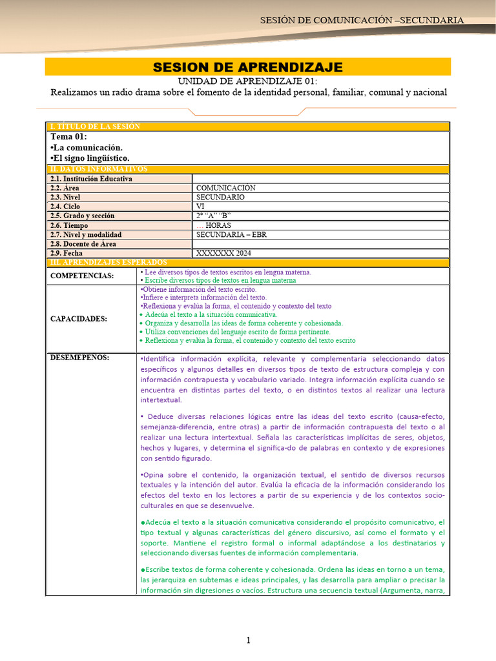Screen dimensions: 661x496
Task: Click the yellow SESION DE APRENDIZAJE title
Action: tap(247, 67)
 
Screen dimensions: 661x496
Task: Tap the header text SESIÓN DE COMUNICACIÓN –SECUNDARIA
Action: tap(362, 20)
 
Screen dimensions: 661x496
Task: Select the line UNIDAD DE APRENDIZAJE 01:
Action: tap(248, 81)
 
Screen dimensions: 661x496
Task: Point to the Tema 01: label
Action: tap(68, 137)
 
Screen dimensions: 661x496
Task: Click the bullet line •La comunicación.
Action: tap(86, 148)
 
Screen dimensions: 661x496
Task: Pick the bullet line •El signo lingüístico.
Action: tap(90, 158)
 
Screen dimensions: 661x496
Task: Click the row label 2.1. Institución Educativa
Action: tap(91, 179)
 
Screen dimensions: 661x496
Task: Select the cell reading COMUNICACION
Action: tap(226, 188)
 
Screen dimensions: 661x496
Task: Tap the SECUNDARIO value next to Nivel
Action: tap(220, 198)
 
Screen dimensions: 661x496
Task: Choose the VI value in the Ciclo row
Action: tap(200, 207)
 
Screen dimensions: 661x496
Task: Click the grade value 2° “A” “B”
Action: tap(213, 216)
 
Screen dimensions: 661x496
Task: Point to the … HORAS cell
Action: tap(214, 225)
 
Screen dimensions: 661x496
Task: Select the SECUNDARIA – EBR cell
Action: tap(231, 235)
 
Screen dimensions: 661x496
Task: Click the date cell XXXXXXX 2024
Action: tap(224, 254)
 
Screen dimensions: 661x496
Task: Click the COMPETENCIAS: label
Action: tap(82, 276)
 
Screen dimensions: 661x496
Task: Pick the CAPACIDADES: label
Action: tap(79, 319)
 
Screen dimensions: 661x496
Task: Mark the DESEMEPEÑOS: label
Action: tap(79, 358)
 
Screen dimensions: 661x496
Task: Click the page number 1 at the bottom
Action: tap(247, 640)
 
